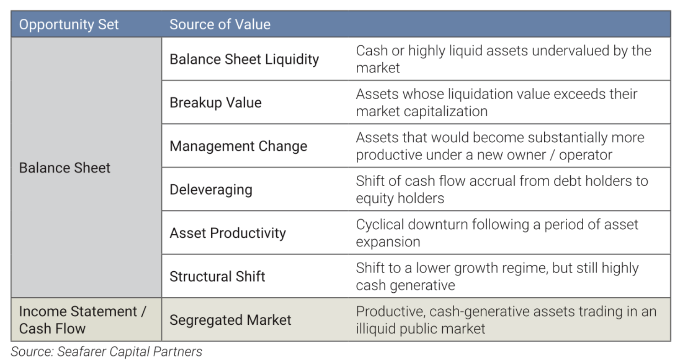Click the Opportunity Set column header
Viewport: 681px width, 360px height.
tap(69, 25)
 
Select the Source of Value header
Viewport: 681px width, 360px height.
tap(220, 24)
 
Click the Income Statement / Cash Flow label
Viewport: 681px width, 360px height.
tap(82, 320)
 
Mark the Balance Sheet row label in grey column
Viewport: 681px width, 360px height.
tap(64, 168)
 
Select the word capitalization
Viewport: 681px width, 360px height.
tap(445, 112)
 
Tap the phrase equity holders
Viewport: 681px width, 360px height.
tap(400, 199)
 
